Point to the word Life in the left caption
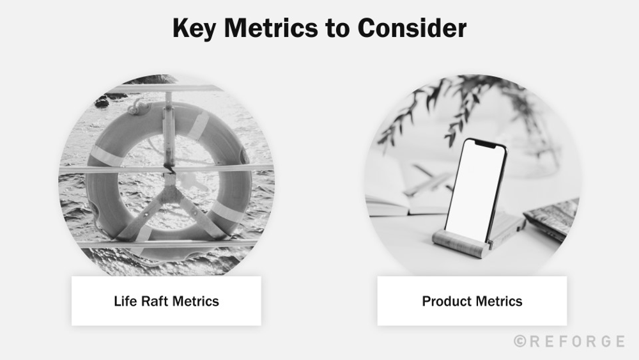(x=125, y=301)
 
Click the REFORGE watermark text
(x=576, y=341)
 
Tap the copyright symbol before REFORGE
(x=520, y=341)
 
